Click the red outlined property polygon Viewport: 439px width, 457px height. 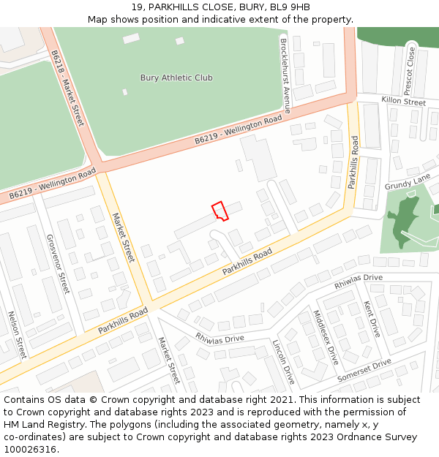(x=220, y=211)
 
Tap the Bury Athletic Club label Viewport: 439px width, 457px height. (x=176, y=78)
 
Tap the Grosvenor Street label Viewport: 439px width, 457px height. (x=57, y=263)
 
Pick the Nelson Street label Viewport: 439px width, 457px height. (x=17, y=334)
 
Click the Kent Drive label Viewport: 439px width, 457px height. (x=372, y=318)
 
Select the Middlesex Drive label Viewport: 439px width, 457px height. (x=326, y=338)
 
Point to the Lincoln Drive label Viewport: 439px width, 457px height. (x=282, y=362)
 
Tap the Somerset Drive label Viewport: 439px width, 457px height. (x=364, y=371)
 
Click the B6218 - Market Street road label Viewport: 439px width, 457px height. (x=67, y=88)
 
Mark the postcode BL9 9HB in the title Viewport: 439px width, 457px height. (x=290, y=7)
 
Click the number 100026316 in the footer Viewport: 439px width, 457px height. (x=29, y=449)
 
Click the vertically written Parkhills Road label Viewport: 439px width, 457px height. (x=353, y=162)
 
